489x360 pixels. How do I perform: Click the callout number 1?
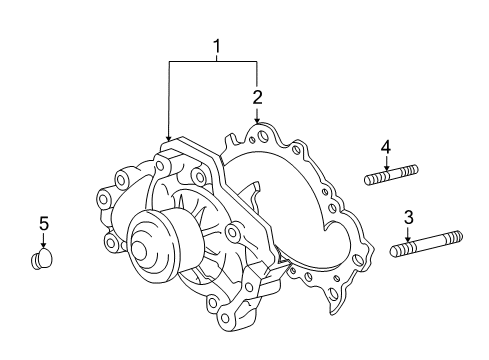coord(214,46)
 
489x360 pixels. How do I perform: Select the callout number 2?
coord(257,97)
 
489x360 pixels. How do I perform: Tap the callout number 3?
coord(408,217)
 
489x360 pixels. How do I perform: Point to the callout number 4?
coord(385,148)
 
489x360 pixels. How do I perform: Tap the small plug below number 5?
coord(41,261)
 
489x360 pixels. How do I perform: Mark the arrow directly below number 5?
coord(43,244)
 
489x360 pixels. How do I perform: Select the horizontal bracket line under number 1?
coord(214,62)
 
